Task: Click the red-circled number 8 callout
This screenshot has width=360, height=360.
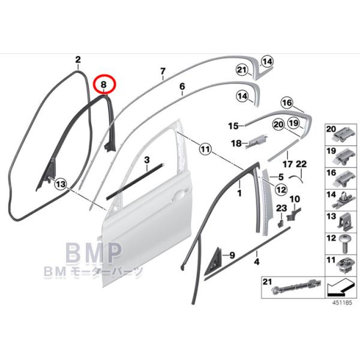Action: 104,85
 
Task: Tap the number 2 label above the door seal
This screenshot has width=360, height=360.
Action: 78,59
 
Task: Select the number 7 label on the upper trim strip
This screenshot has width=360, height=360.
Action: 163,71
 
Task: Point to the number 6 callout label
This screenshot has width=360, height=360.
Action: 182,86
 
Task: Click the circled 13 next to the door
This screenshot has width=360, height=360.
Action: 61,184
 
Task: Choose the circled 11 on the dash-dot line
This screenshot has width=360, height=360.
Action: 205,149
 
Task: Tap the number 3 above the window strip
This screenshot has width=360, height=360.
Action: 147,160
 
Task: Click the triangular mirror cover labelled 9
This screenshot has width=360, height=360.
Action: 212,260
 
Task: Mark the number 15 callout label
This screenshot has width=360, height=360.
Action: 233,126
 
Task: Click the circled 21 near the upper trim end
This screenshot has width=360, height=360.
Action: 242,70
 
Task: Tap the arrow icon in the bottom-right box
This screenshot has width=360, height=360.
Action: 341,287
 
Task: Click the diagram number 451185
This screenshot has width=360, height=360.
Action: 342,302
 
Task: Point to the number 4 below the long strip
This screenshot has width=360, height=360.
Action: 257,262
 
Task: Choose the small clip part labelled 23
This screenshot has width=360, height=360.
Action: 280,222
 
